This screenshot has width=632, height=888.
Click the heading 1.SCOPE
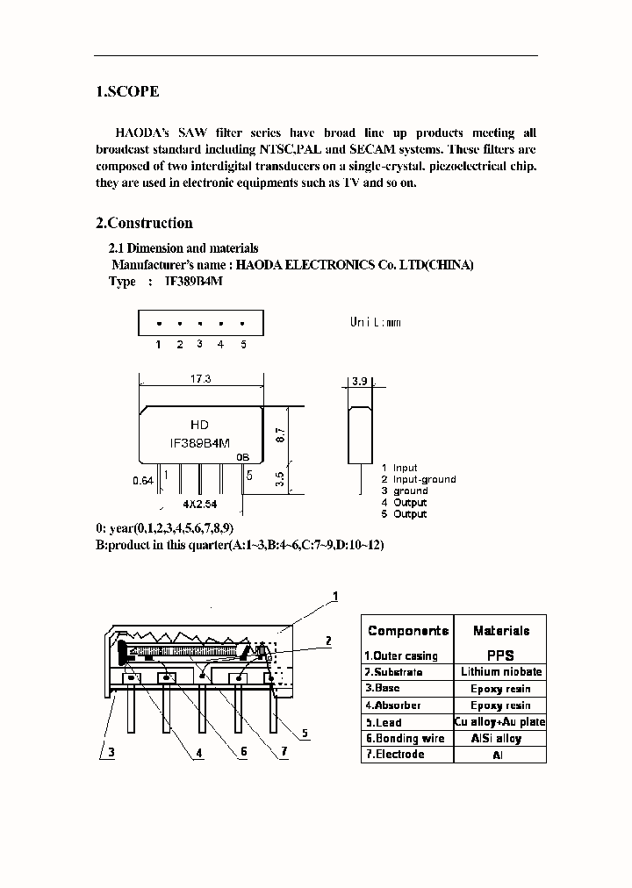[127, 91]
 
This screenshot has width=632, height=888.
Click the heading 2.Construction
[144, 223]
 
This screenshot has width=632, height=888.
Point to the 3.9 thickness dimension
[359, 382]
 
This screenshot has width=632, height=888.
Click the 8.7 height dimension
[280, 433]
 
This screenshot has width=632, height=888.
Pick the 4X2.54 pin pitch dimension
[200, 505]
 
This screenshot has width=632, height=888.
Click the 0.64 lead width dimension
[143, 481]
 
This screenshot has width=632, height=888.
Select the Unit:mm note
[375, 322]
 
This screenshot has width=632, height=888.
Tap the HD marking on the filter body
[200, 425]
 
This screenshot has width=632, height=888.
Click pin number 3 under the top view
[200, 344]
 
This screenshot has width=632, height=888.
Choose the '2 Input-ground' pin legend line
[419, 479]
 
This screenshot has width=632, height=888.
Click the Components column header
[408, 631]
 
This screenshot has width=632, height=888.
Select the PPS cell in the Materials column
[500, 655]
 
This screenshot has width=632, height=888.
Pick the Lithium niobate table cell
[500, 671]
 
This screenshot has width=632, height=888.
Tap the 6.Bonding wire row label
[398, 738]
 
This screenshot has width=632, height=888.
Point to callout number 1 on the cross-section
[334, 598]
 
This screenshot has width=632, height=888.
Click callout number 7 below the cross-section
[284, 752]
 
